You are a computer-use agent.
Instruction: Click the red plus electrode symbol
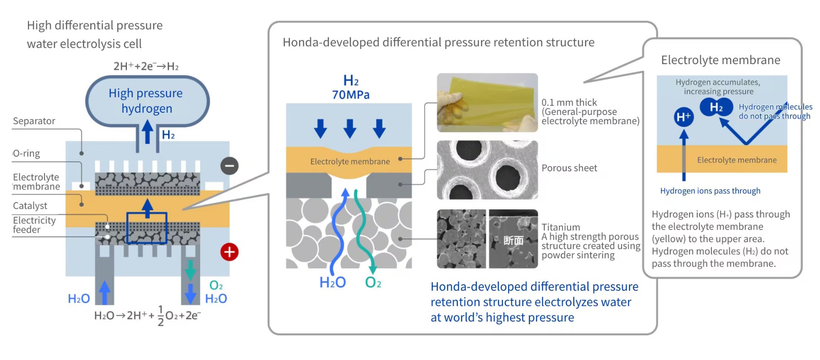[x=230, y=252]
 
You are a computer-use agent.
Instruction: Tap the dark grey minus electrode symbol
[x=230, y=166]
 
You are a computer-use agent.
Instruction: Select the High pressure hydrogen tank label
[x=146, y=101]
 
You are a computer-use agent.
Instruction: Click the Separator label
[x=34, y=121]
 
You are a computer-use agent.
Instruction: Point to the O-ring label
[x=27, y=153]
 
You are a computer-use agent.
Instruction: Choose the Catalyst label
[x=30, y=206]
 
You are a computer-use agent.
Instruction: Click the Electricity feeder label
[x=34, y=225]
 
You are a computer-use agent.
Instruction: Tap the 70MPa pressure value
[x=351, y=95]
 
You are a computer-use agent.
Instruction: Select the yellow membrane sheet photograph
[x=487, y=103]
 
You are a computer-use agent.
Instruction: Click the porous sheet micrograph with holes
[x=487, y=170]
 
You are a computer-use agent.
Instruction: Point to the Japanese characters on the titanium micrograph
[x=514, y=240]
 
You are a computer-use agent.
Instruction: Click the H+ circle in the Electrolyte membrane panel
[x=683, y=117]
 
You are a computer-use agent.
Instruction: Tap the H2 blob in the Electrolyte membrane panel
[x=716, y=108]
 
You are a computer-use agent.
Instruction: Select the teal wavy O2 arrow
[x=364, y=232]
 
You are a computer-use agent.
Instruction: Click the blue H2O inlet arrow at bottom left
[x=105, y=292]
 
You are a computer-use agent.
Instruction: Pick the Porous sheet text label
[x=569, y=168]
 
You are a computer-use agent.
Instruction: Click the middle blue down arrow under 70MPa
[x=350, y=129]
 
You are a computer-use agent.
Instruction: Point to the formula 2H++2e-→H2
[x=146, y=66]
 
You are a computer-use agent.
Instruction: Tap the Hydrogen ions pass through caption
[x=710, y=191]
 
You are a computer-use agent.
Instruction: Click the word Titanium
[x=561, y=227]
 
